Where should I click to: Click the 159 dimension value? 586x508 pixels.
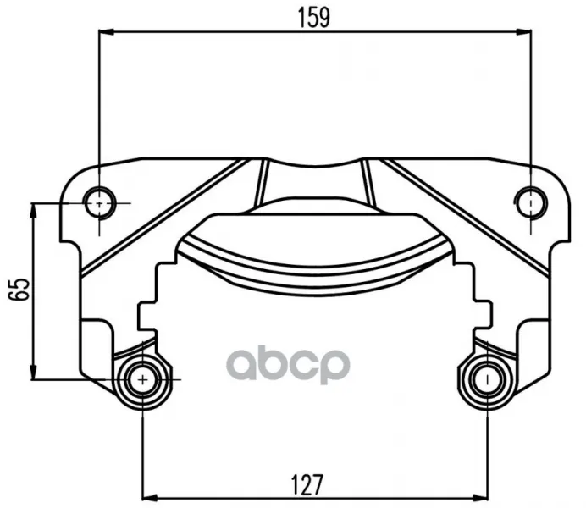coord(314,18)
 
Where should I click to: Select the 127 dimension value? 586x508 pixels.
coord(307,485)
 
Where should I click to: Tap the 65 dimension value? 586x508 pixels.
coord(19,289)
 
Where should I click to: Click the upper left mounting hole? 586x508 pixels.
coord(100,203)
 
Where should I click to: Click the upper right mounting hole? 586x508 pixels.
coord(531,203)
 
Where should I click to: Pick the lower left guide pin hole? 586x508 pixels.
coord(143,380)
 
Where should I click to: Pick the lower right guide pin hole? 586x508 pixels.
coord(487,380)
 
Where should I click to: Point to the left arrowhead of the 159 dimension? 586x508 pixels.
coord(106,32)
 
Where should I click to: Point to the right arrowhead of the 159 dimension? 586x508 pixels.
coord(523,32)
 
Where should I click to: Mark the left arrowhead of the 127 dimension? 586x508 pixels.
coord(151,499)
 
